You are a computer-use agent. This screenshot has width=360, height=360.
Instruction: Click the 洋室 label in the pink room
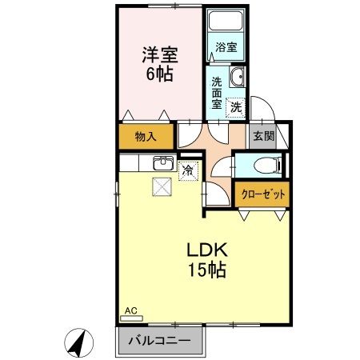click(159, 55)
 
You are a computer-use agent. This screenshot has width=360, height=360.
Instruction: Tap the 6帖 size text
click(159, 74)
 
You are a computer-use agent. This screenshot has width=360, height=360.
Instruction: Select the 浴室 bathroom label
click(226, 48)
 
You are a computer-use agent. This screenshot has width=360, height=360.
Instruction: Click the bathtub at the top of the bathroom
click(226, 22)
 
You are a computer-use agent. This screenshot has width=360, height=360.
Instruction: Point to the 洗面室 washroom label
click(217, 92)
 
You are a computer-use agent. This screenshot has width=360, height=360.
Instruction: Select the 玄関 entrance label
click(263, 136)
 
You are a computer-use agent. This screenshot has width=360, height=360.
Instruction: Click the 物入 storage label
click(145, 137)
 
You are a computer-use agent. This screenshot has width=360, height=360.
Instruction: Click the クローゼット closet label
click(262, 194)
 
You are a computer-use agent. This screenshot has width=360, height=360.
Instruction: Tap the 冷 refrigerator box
click(188, 170)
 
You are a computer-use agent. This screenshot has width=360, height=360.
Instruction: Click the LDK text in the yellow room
click(206, 249)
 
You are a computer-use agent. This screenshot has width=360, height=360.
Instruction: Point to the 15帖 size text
click(206, 270)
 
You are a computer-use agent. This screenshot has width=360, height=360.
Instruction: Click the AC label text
click(130, 309)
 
